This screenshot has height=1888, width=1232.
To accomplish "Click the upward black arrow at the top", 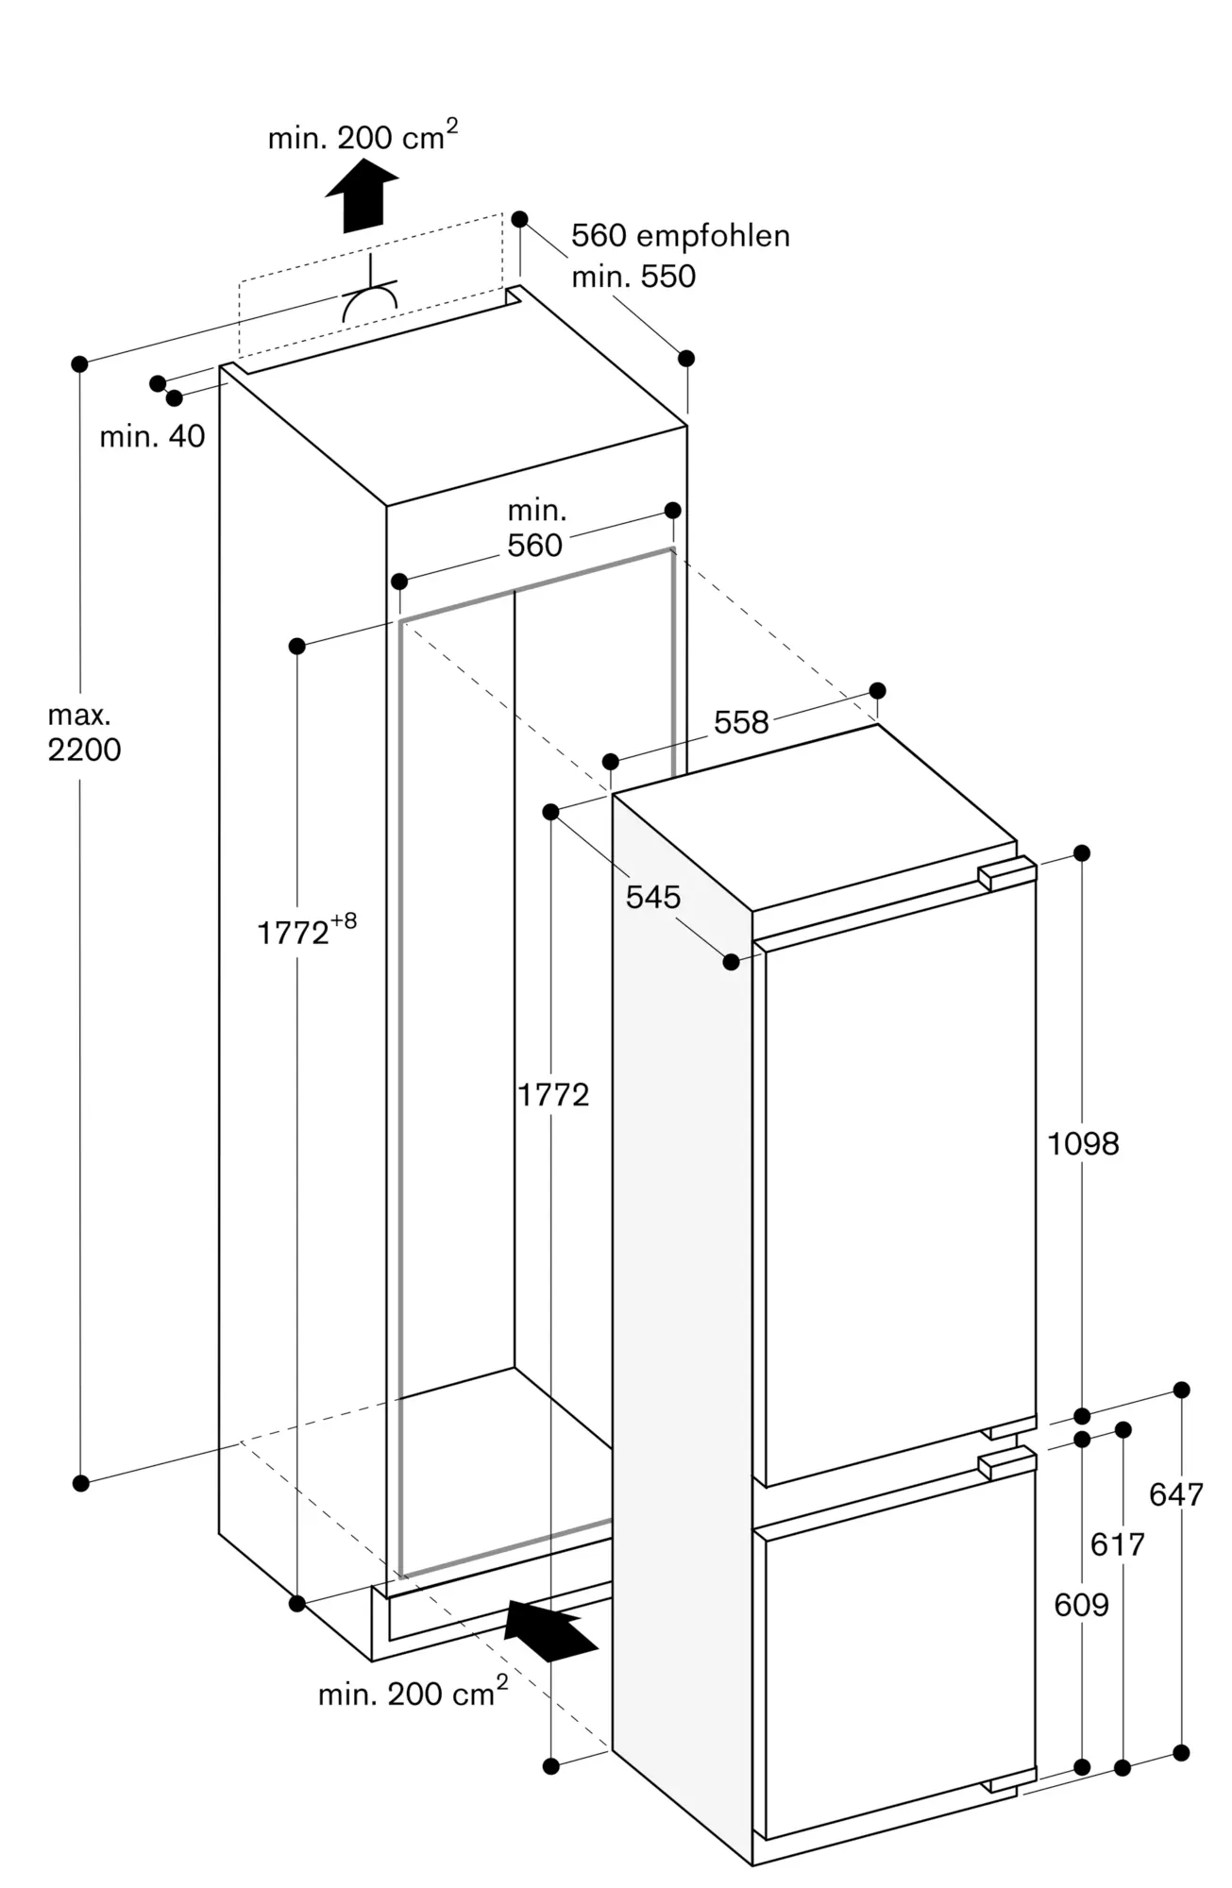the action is pyautogui.click(x=362, y=195).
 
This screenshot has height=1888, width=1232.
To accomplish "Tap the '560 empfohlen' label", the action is pyautogui.click(x=681, y=235).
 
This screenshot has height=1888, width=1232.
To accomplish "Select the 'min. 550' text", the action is pyautogui.click(x=633, y=276).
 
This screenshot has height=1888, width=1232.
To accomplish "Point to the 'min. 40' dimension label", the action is pyautogui.click(x=152, y=436).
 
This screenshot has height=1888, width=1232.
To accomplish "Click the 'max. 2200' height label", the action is pyautogui.click(x=84, y=733).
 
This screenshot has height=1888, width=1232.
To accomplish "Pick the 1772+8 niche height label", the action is pyautogui.click(x=307, y=930).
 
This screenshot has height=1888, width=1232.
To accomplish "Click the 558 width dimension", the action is pyautogui.click(x=741, y=722).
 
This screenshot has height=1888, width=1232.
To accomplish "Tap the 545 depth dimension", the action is pyautogui.click(x=653, y=896).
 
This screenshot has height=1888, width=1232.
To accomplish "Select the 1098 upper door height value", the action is pyautogui.click(x=1084, y=1144).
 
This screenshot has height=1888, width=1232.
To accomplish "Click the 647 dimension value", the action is pyautogui.click(x=1176, y=1494).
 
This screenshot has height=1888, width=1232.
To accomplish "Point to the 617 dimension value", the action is pyautogui.click(x=1118, y=1544).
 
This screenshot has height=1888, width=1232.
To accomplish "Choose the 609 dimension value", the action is pyautogui.click(x=1082, y=1604).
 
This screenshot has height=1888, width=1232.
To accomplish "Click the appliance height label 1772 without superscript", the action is pyautogui.click(x=553, y=1094).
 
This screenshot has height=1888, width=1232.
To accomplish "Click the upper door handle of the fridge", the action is pyautogui.click(x=1007, y=872).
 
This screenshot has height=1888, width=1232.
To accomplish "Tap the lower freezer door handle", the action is pyautogui.click(x=1007, y=1462).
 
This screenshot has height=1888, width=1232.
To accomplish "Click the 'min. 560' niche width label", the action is pyautogui.click(x=535, y=529).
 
